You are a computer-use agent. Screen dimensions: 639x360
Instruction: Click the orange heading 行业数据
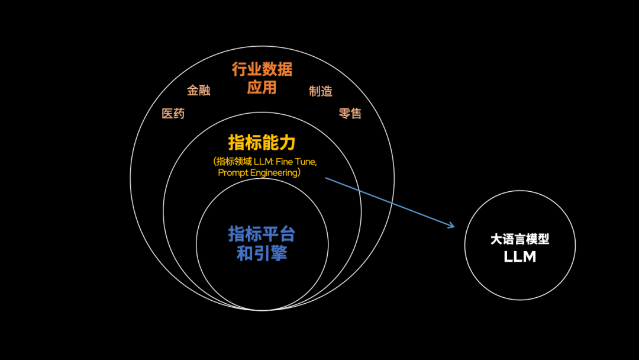pyautogui.click(x=262, y=70)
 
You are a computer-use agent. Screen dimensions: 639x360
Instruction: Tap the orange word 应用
pyautogui.click(x=262, y=88)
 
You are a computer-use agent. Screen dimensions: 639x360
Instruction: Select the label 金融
pyautogui.click(x=199, y=91)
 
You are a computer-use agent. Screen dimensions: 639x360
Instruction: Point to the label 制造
pyautogui.click(x=321, y=91)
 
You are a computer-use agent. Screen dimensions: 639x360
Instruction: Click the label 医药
pyautogui.click(x=173, y=114)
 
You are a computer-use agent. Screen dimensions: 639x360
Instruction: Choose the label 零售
pyautogui.click(x=350, y=113)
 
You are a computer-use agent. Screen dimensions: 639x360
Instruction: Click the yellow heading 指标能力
pyautogui.click(x=262, y=143)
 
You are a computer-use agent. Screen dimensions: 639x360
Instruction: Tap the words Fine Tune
pyautogui.click(x=300, y=162)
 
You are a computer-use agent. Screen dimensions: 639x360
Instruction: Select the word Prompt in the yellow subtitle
pyautogui.click(x=232, y=173)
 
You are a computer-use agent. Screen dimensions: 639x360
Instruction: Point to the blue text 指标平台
pyautogui.click(x=262, y=234)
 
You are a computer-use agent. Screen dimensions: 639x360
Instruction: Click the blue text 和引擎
pyautogui.click(x=262, y=253)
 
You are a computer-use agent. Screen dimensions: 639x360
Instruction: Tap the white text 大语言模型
pyautogui.click(x=519, y=239)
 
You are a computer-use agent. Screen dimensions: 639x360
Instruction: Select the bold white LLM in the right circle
pyautogui.click(x=519, y=257)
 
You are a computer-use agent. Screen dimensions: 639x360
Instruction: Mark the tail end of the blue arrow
pyautogui.click(x=326, y=178)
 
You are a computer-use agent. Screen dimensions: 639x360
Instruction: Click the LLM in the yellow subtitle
pyautogui.click(x=261, y=162)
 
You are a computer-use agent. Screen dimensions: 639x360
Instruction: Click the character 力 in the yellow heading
pyautogui.click(x=287, y=143)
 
